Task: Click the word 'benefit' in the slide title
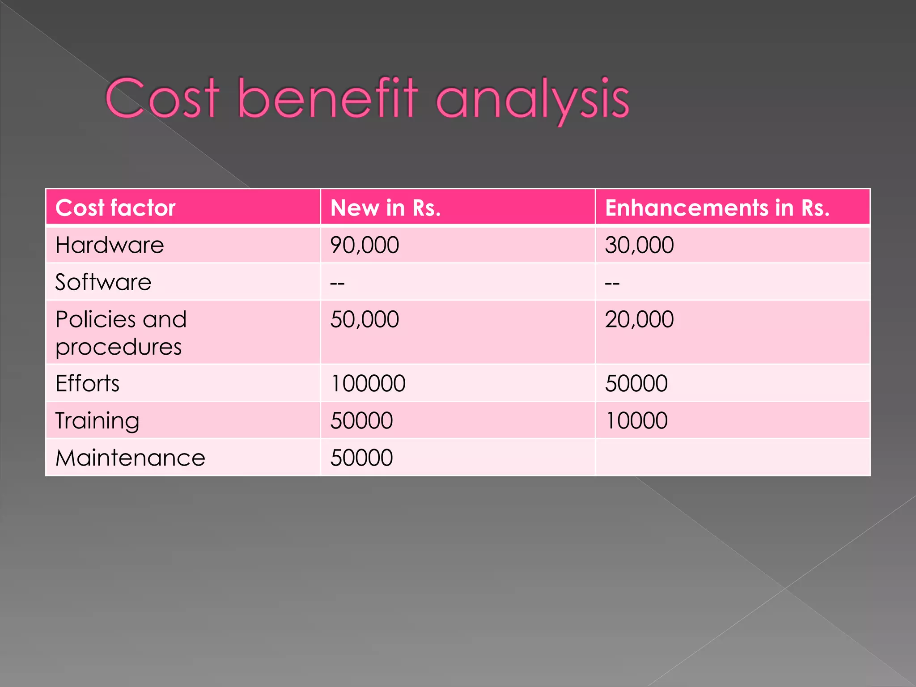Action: [327, 98]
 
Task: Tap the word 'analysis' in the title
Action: [532, 99]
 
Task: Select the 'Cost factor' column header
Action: [115, 208]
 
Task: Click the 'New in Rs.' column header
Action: [386, 208]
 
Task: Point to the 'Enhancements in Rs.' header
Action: [717, 208]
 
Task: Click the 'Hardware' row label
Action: [110, 245]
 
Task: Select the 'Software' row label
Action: [103, 282]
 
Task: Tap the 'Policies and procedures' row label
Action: [121, 333]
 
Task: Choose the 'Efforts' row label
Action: [88, 383]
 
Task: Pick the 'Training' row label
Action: [97, 421]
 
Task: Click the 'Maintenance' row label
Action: [130, 458]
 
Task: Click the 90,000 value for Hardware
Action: [365, 245]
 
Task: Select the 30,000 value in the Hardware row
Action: [639, 245]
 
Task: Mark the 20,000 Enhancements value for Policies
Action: [639, 319]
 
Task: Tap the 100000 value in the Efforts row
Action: [368, 383]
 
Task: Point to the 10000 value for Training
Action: [636, 421]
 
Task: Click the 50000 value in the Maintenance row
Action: [361, 458]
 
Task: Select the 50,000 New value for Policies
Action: [365, 319]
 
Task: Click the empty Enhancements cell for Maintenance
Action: [732, 458]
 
